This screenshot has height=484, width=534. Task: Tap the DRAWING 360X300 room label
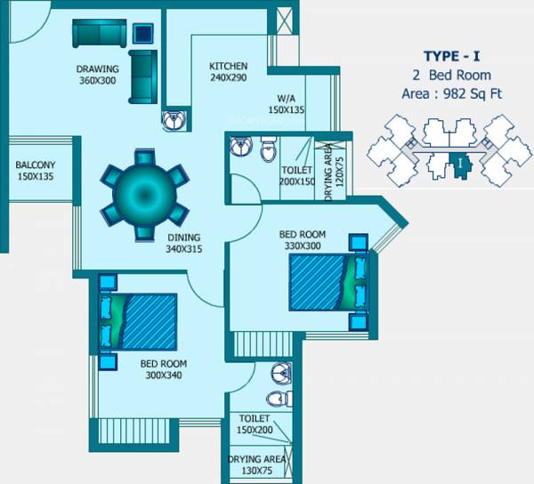tap(97, 74)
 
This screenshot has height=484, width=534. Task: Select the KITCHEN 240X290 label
tap(228, 72)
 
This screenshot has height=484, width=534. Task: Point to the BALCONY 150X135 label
tap(36, 170)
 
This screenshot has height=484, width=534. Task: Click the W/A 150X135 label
tap(286, 104)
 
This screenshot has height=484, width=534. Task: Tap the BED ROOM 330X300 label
tap(302, 239)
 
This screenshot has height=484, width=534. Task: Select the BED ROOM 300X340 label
tap(163, 369)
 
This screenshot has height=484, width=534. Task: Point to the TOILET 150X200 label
tap(255, 423)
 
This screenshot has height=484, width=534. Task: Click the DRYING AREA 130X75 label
tap(256, 464)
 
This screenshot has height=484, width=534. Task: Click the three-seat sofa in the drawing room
tap(99, 35)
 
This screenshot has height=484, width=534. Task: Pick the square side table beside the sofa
tap(143, 34)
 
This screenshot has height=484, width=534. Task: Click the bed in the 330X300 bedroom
tap(326, 282)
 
